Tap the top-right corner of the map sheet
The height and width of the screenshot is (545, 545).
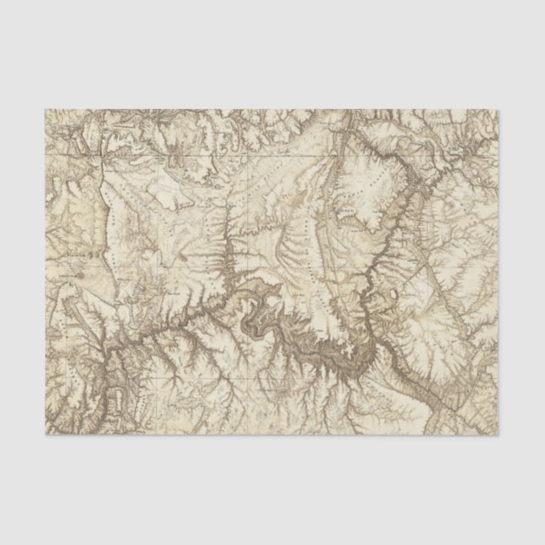pyautogui.click(x=498, y=109)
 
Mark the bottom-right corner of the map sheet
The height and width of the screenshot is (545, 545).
pyautogui.click(x=498, y=435)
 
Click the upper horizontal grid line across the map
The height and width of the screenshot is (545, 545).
pyautogui.click(x=271, y=157)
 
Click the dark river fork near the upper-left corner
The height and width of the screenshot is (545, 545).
pyautogui.click(x=80, y=144)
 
